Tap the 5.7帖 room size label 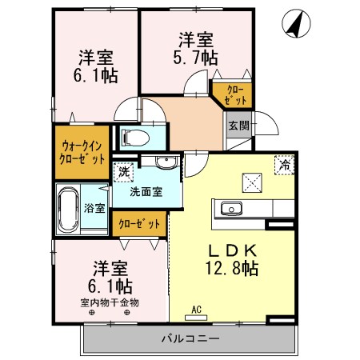tap(194, 57)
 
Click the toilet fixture tap(133, 138)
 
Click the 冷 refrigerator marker tap(284, 165)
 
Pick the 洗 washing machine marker tap(124, 170)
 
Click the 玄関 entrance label tap(238, 126)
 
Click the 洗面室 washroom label tap(146, 191)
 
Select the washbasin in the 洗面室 tap(166, 164)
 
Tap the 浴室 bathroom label tap(94, 207)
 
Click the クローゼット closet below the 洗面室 tap(140, 224)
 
